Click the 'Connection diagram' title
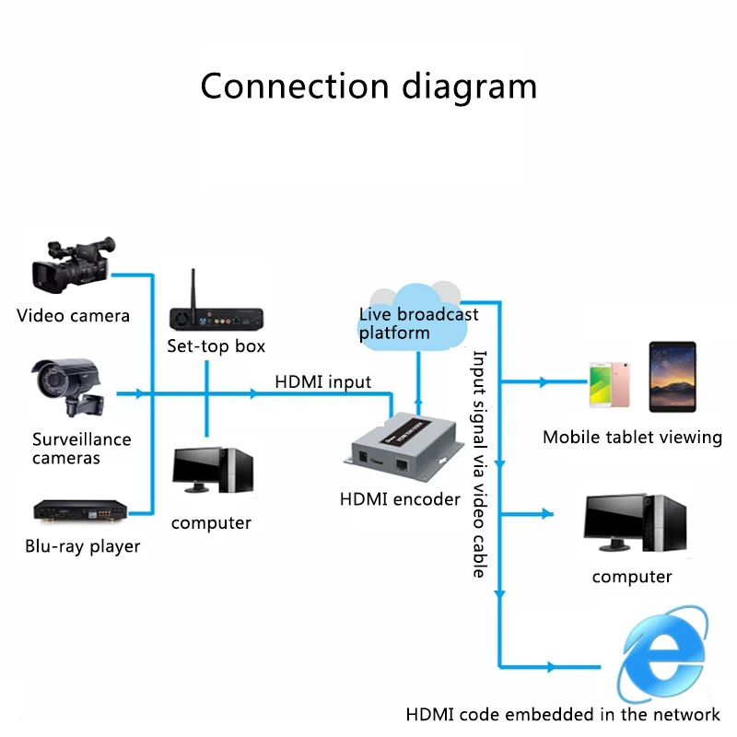368,86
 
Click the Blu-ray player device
79,509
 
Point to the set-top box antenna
194,288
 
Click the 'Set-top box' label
216,346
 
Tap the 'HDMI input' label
322,381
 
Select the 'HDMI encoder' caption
400,499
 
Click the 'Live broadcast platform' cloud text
418,323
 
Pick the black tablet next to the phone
673,378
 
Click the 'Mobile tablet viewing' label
632,438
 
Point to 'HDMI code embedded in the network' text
563,714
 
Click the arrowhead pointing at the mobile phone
544,381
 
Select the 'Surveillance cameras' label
82,449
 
